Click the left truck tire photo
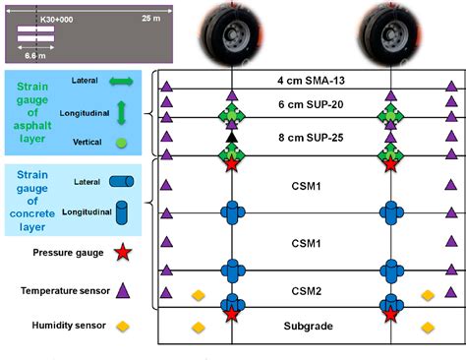click(x=231, y=31)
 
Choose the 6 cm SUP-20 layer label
click(x=313, y=104)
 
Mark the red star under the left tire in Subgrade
click(x=232, y=315)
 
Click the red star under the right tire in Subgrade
click(x=391, y=315)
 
